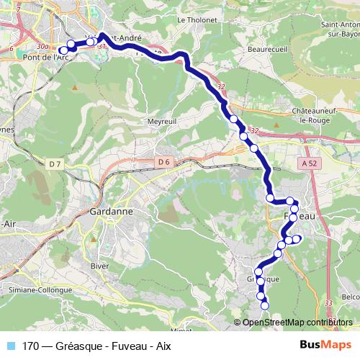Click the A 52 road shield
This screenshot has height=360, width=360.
(x=310, y=164)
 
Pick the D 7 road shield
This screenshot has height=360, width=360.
(x=55, y=164)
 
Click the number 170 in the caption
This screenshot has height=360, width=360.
(x=31, y=346)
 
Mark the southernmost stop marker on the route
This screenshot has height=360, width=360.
(x=264, y=305)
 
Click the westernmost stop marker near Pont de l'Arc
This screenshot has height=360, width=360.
(x=62, y=50)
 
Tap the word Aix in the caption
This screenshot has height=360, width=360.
(x=163, y=346)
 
